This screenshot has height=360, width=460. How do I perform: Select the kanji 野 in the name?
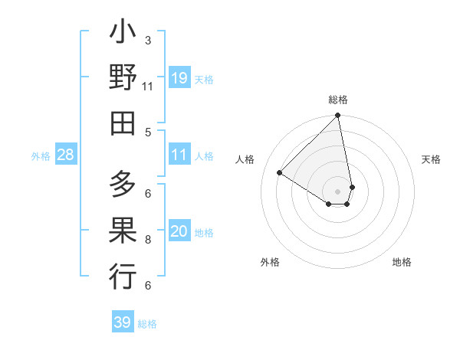[x=123, y=79]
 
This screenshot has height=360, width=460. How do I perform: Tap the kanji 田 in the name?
[x=123, y=122]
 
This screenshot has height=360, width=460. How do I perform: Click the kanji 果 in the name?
[x=123, y=230]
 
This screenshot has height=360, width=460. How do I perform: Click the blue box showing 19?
[x=179, y=78]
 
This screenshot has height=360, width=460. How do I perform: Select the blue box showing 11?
[x=179, y=155]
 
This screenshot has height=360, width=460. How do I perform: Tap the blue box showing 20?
[x=179, y=232]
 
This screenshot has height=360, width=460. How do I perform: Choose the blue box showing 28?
[x=66, y=155]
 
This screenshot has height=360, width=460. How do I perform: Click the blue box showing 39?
[x=123, y=322]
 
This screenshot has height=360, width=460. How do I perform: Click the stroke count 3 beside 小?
[x=148, y=41]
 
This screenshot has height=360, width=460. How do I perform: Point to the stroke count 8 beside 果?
[x=148, y=240]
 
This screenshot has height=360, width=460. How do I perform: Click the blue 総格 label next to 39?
[x=148, y=324]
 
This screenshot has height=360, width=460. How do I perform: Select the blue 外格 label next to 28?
[x=41, y=156]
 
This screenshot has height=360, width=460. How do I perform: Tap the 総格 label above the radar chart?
[x=338, y=100]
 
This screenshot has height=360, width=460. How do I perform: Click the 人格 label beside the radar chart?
[x=245, y=159]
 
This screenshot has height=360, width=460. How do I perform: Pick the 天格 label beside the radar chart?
[x=431, y=159]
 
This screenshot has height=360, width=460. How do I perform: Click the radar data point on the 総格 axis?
[x=338, y=116]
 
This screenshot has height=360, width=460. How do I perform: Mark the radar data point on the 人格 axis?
[x=280, y=173]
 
